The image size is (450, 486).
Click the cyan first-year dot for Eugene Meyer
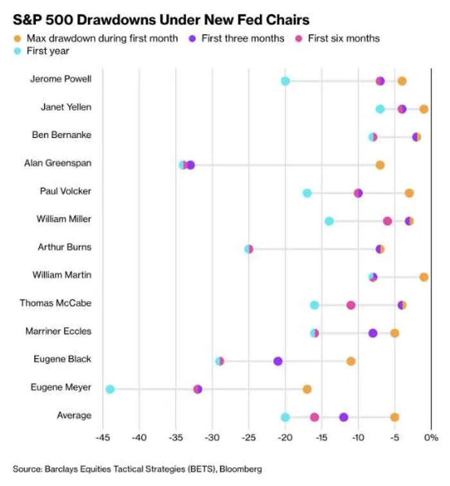coord(110,389)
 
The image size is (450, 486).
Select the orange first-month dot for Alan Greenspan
coord(380,165)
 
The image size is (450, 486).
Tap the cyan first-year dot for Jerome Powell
coord(285,81)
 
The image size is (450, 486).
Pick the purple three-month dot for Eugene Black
coord(278,361)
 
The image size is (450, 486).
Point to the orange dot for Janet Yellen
coord(424,109)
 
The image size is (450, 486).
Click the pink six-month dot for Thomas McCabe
coord(351,305)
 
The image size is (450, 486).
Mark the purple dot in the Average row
coord(343,417)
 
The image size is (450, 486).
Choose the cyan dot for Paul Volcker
coord(307,193)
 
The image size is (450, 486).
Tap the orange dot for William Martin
coord(424,277)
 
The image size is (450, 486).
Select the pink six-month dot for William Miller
coord(387,221)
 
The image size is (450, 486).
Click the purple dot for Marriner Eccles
coord(373,333)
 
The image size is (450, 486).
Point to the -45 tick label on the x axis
coord(103,438)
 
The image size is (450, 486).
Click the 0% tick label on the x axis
coord(431,438)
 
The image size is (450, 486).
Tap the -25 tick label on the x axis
coord(249,438)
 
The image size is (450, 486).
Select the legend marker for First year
coord(17,51)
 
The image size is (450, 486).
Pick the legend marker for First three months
coord(192,39)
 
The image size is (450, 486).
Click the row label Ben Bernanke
coord(62,135)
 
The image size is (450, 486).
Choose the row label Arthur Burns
coord(64,247)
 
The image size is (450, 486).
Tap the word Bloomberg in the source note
coord(240,469)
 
